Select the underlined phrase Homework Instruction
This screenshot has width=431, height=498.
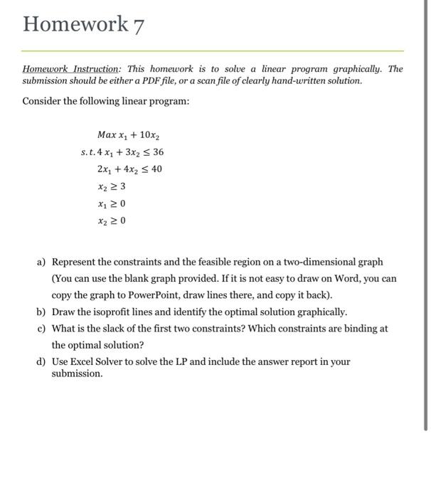click(71, 69)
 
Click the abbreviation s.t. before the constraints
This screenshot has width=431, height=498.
click(87, 152)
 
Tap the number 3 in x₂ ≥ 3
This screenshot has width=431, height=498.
click(122, 186)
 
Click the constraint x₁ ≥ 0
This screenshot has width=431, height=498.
click(112, 203)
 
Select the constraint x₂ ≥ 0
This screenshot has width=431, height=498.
click(112, 221)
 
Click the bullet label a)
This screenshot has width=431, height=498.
click(41, 263)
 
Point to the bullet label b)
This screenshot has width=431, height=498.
click(41, 312)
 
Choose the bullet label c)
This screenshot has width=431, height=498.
click(41, 329)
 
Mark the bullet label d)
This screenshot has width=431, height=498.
click(41, 361)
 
